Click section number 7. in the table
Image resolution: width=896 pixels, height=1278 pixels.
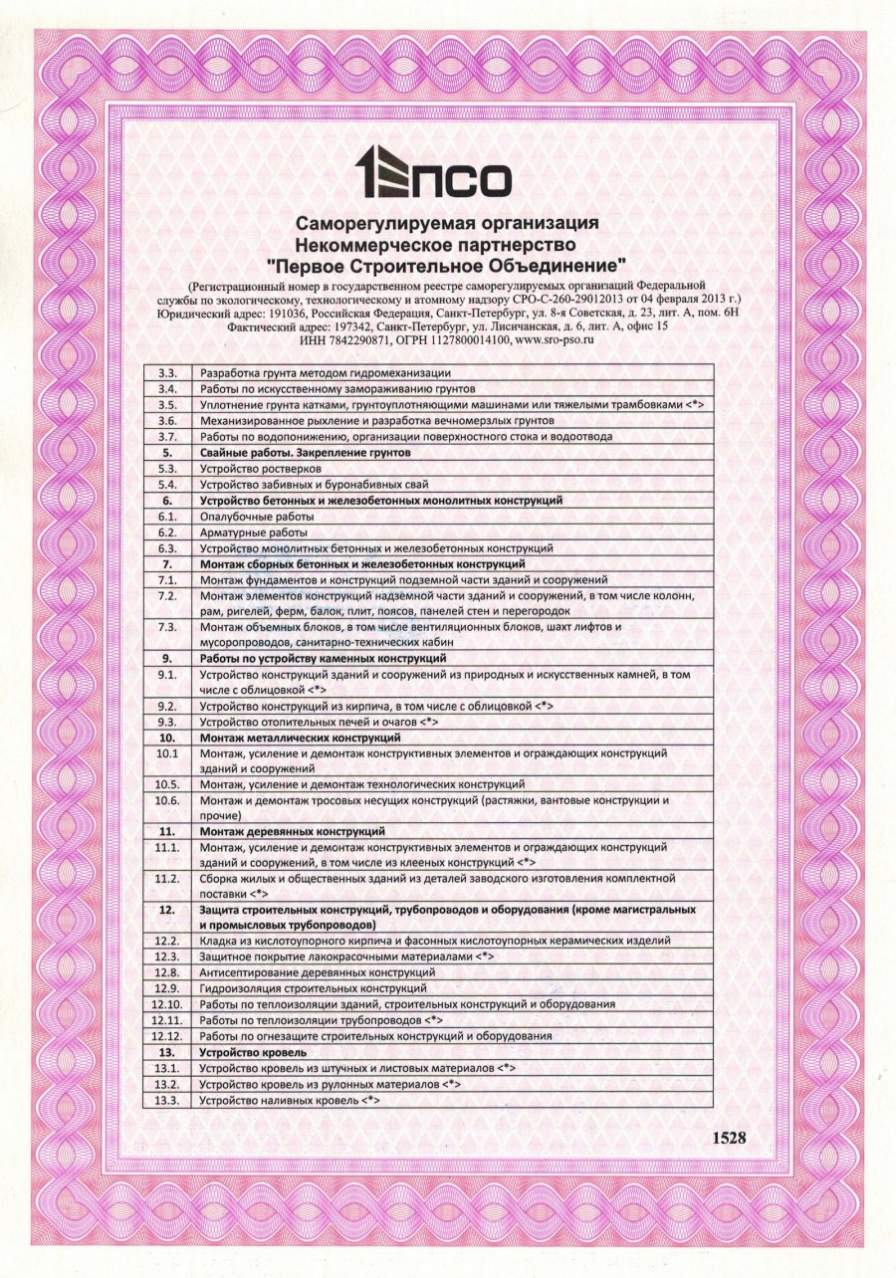167,563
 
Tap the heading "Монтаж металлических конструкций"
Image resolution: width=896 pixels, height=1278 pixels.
300,738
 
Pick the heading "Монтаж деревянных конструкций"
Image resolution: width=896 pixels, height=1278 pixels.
292,830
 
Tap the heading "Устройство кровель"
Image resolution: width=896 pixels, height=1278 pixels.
252,1052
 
